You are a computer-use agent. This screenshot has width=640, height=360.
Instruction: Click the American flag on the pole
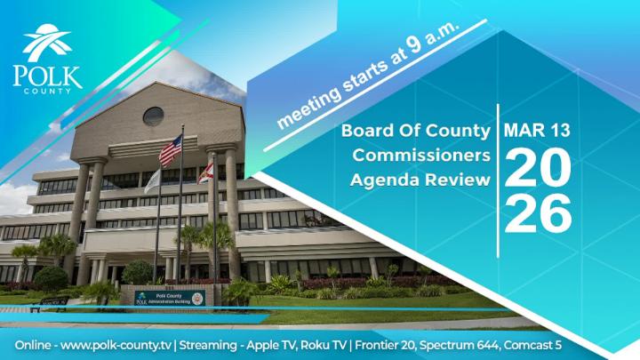pyautogui.click(x=170, y=151)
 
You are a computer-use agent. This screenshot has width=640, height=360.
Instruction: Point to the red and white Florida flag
pyautogui.click(x=204, y=170)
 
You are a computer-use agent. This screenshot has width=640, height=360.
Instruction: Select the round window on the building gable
pyautogui.click(x=153, y=116)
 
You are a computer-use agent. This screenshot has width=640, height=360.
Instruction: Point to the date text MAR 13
pyautogui.click(x=537, y=131)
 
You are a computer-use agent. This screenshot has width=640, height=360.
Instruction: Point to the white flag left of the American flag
pyautogui.click(x=152, y=180)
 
